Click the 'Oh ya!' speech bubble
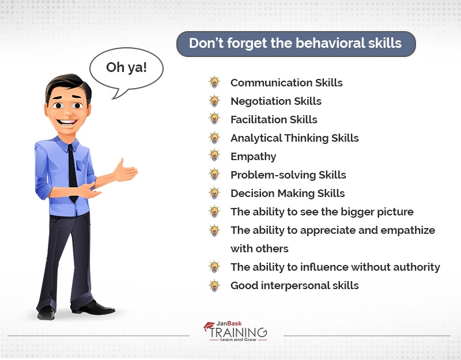126,68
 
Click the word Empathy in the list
253,157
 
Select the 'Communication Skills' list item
286,83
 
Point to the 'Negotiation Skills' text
276,101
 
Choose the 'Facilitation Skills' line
274,120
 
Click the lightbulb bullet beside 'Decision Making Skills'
214,193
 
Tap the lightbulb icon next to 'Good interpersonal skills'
214,285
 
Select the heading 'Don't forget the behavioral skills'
296,44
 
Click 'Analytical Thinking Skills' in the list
294,138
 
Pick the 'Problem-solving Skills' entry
288,175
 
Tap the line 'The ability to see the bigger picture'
322,212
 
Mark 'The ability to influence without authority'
335,267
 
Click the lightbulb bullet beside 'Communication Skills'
214,82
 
